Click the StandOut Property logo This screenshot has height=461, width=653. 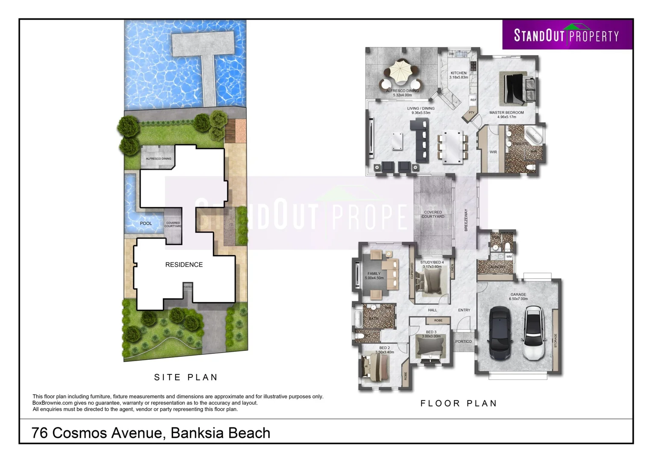pyautogui.click(x=567, y=35)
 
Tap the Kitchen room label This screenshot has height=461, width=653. pyautogui.click(x=459, y=73)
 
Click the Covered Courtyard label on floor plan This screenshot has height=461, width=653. pyautogui.click(x=433, y=214)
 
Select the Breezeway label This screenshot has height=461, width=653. pyautogui.click(x=466, y=220)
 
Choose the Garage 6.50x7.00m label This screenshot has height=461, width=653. pyautogui.click(x=518, y=296)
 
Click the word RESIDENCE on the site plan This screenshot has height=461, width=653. pyautogui.click(x=184, y=265)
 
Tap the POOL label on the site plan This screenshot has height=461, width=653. pyautogui.click(x=146, y=223)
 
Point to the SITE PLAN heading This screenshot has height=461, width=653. pyautogui.click(x=186, y=377)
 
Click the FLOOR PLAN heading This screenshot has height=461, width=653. pyautogui.click(x=459, y=403)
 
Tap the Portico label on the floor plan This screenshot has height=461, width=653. pyautogui.click(x=463, y=341)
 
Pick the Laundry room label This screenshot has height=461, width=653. pyautogui.click(x=497, y=267)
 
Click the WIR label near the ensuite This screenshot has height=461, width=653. pyautogui.click(x=493, y=152)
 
